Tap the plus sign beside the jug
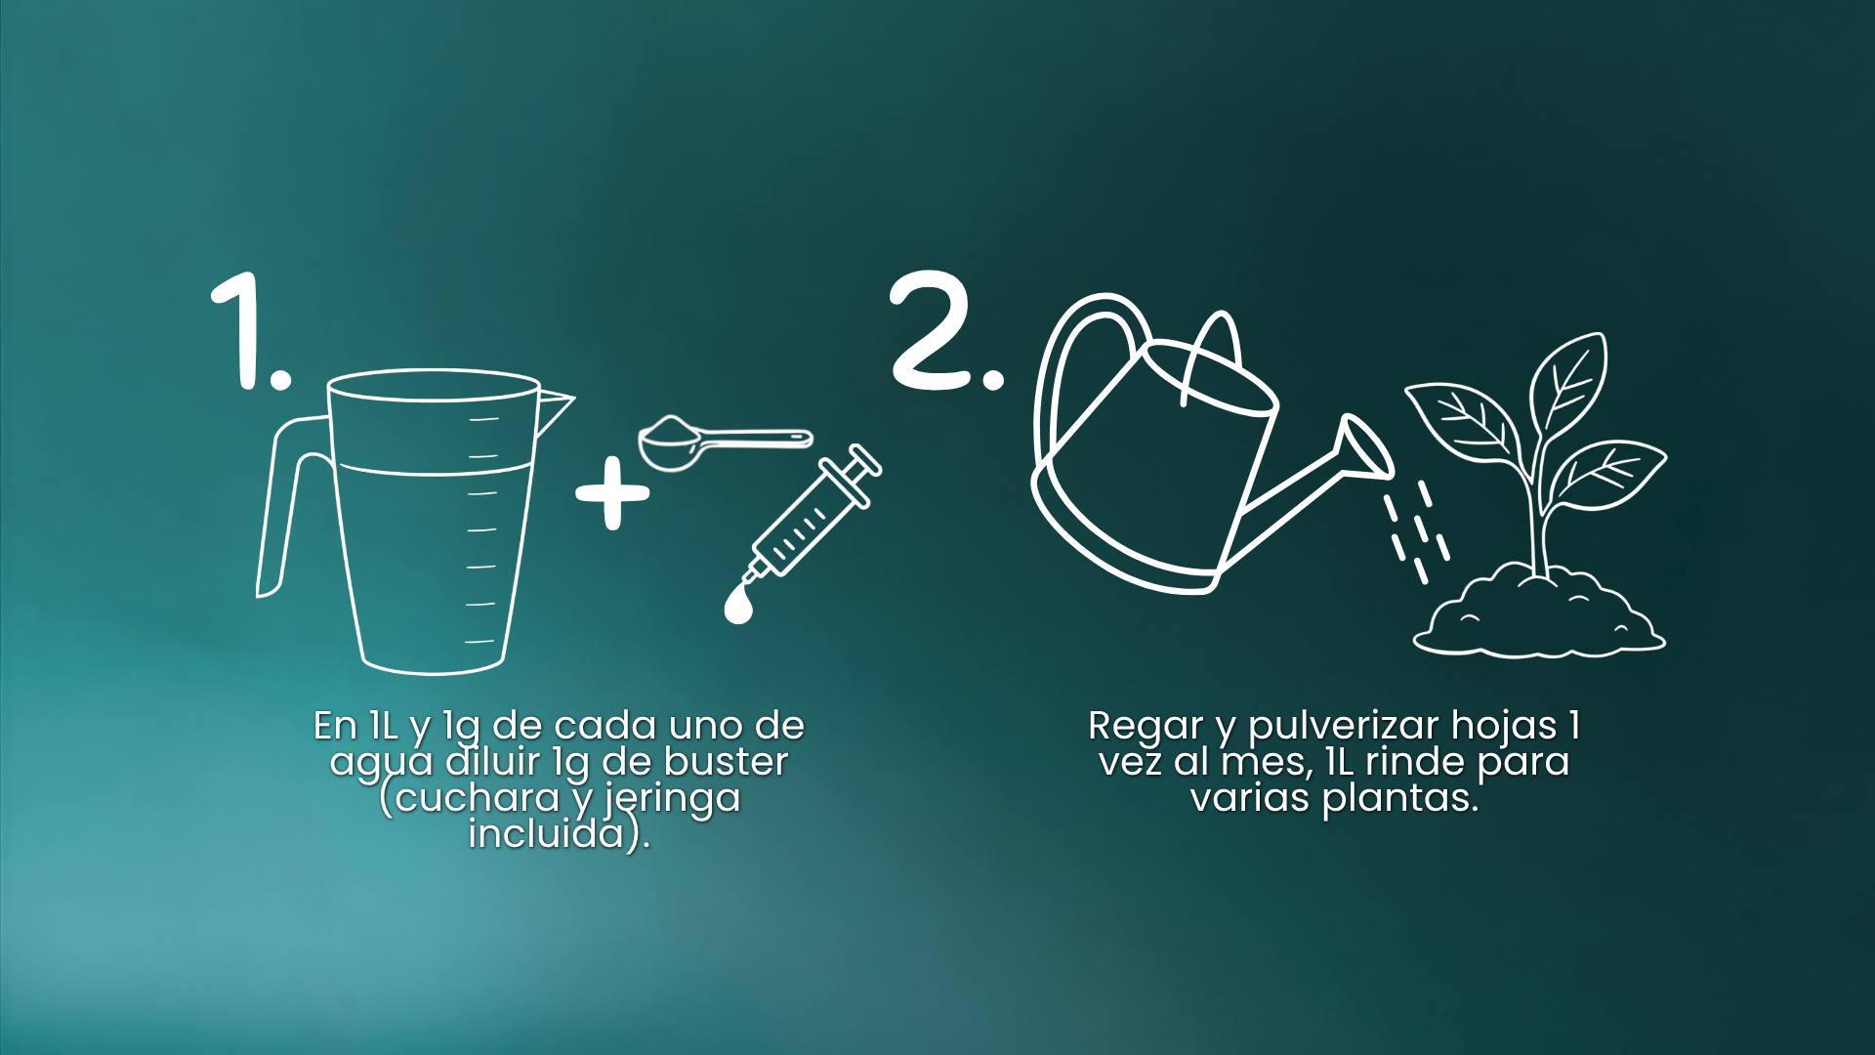[612, 493]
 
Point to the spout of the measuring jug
[555, 410]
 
